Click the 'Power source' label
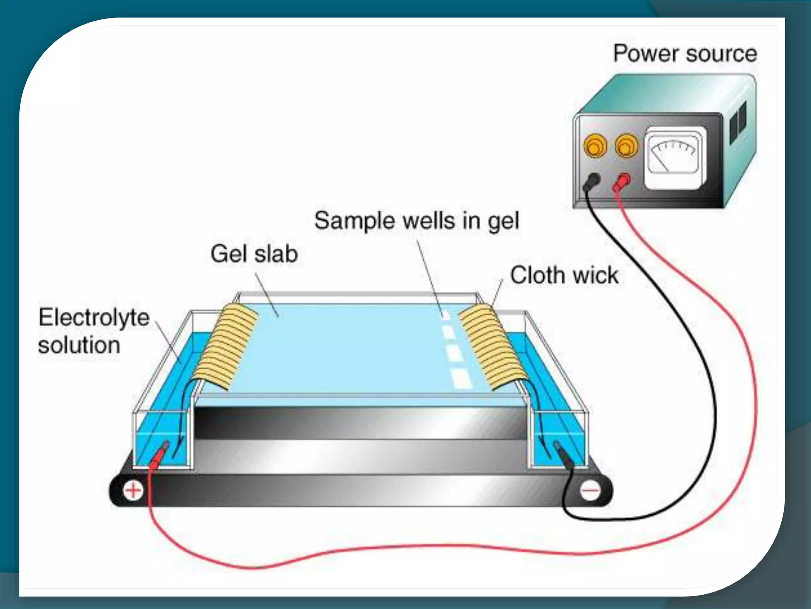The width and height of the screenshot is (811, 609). click(685, 54)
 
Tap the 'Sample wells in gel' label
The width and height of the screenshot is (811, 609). click(416, 220)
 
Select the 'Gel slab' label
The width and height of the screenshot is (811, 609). click(254, 254)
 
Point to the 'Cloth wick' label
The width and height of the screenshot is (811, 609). click(564, 275)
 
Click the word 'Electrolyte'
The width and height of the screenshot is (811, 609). click(94, 318)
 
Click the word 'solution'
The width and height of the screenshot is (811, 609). click(79, 345)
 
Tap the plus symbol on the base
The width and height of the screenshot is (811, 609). click(133, 490)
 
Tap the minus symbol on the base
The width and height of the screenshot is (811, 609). click(590, 491)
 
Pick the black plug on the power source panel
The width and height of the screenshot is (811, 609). click(592, 181)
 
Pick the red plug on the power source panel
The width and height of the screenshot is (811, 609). click(623, 182)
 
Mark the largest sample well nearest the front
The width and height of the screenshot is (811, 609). click(461, 379)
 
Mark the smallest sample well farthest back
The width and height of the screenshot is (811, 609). click(446, 316)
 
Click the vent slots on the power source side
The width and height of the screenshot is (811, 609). click(738, 121)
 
